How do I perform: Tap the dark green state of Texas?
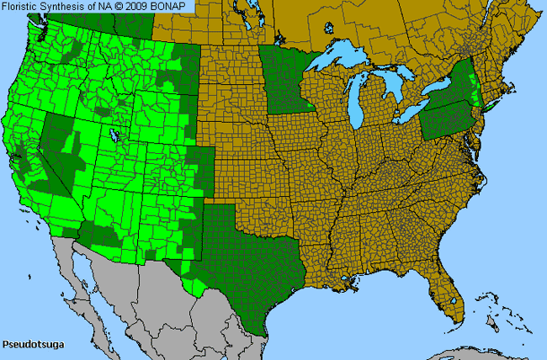pos(252,252)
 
